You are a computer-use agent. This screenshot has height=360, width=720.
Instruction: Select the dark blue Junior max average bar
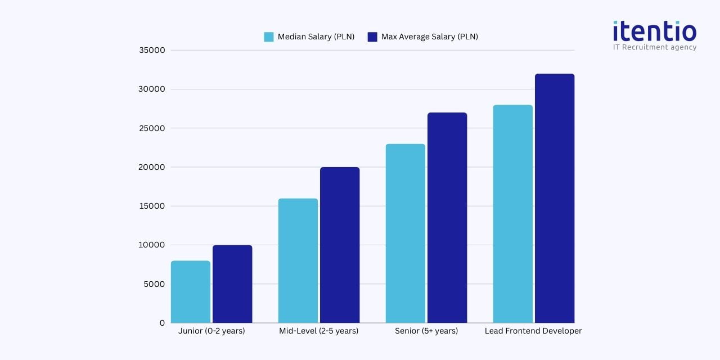[232, 283]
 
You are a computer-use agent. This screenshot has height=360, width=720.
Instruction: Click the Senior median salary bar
[406, 233]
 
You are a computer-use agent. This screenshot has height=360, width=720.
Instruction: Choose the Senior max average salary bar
[447, 218]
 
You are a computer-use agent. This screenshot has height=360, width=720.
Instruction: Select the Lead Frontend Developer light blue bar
[513, 214]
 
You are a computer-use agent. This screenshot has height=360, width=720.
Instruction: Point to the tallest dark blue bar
[555, 198]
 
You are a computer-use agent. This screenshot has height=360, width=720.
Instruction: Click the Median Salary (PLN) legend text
[316, 37]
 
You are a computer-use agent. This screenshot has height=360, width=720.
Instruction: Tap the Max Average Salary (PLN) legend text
[430, 37]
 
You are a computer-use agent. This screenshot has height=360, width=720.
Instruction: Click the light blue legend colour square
[269, 37]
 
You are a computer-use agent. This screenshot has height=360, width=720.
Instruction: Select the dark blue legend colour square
[372, 37]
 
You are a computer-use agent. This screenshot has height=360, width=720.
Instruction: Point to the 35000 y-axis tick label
[152, 50]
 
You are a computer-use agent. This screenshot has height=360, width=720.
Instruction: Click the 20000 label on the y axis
[152, 167]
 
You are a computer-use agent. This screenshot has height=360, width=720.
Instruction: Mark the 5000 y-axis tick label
[154, 284]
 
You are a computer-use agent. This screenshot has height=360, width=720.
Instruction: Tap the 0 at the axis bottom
[162, 323]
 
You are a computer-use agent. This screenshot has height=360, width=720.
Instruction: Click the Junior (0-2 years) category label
[211, 331]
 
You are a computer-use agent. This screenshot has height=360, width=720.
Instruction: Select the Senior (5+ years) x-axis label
[426, 331]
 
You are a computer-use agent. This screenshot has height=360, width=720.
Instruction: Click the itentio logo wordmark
[655, 31]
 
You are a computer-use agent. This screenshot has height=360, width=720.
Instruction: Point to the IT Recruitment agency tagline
[655, 47]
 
